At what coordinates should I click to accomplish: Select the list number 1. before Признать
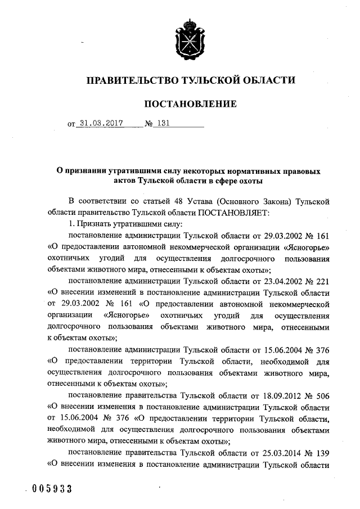71,223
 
